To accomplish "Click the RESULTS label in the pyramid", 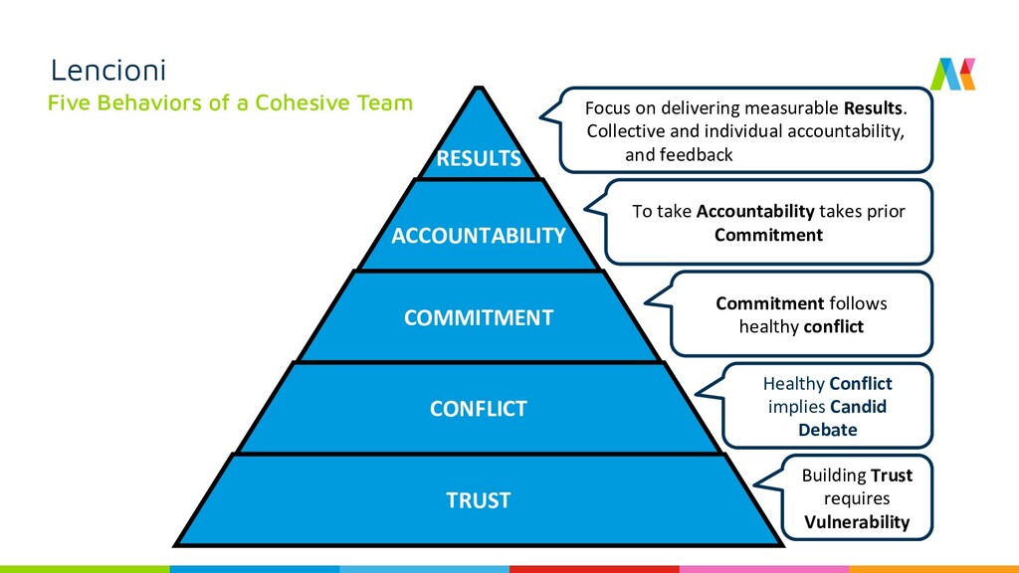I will tap(479, 158).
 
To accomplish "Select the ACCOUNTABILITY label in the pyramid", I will tap(478, 236).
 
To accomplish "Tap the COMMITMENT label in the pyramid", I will tap(478, 318).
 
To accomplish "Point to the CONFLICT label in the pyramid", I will tap(478, 409).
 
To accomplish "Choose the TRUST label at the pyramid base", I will tap(478, 500).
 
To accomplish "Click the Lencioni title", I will tap(108, 71).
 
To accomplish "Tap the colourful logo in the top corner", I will tap(952, 74).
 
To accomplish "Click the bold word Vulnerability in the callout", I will tap(857, 522).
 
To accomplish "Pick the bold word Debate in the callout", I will tap(827, 430).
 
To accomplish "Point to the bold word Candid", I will tap(858, 407).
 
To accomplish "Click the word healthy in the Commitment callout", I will tap(769, 326).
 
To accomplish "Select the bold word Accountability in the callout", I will tap(755, 211).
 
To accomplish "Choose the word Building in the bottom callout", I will tap(834, 476).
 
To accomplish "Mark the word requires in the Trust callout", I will tap(856, 498).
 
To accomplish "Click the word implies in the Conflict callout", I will tap(796, 407).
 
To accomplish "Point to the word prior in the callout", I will tap(886, 211).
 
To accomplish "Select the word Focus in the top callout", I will tap(607, 107).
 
